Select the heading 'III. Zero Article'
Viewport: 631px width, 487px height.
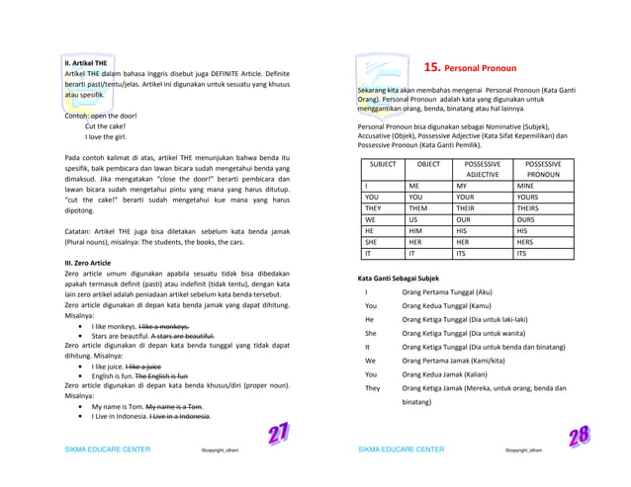pos(87,263)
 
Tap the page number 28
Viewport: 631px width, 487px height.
pos(580,436)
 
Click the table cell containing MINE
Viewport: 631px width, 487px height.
pos(527,184)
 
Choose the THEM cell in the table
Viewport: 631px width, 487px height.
pos(423,207)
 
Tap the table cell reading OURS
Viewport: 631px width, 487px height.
pos(529,219)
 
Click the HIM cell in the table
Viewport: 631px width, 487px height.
pos(420,230)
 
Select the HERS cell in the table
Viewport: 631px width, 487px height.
pos(528,241)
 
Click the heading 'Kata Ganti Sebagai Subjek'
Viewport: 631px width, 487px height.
pos(398,279)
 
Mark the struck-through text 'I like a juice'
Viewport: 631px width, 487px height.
pos(156,365)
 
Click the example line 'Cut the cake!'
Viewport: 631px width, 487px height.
pos(104,126)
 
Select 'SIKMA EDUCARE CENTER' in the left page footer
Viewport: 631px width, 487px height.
pos(107,449)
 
